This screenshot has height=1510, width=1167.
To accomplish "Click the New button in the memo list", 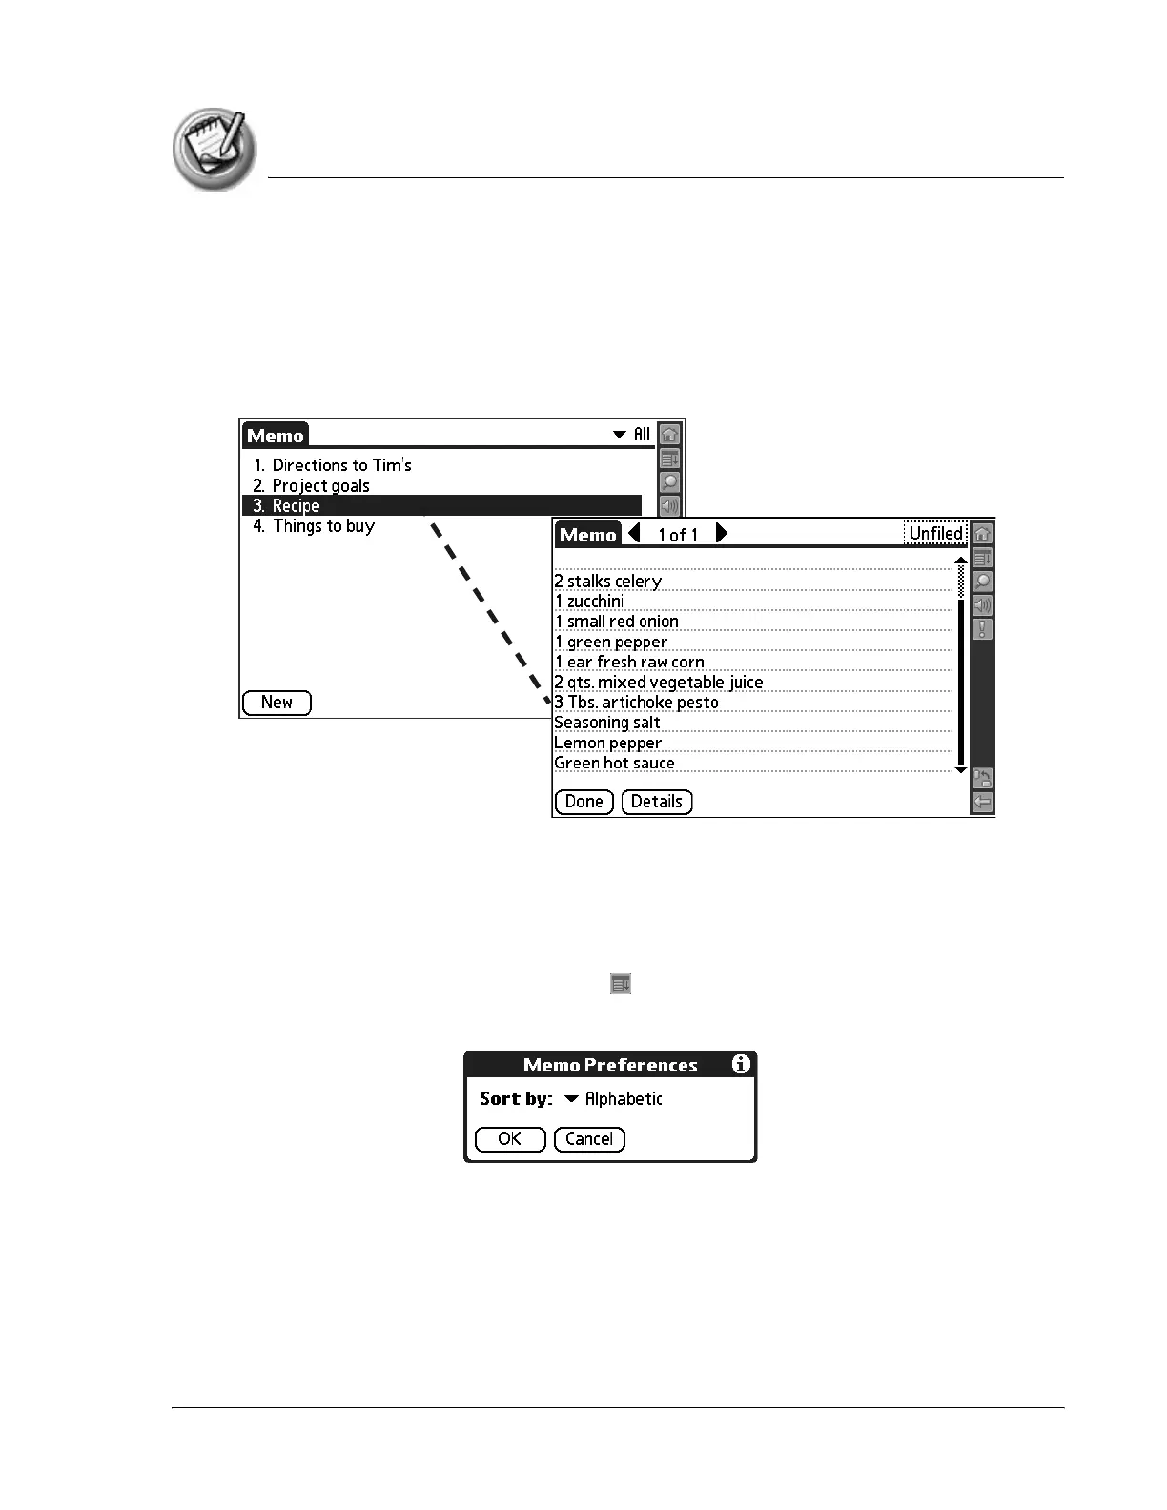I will click(276, 703).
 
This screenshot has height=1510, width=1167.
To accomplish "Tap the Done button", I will click(583, 802).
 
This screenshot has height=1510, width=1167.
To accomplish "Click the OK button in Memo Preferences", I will click(509, 1139).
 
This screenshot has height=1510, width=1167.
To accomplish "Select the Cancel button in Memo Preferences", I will click(589, 1139).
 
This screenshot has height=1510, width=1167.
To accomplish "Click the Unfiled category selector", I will click(935, 533).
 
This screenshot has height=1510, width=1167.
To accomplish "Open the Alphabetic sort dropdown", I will click(614, 1099).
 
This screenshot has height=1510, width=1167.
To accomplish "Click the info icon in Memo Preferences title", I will click(741, 1064).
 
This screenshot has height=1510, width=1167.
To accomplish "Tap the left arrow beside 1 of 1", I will click(635, 533).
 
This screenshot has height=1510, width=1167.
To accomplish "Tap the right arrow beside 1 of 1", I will click(722, 533).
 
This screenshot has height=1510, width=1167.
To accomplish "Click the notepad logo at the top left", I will click(215, 148).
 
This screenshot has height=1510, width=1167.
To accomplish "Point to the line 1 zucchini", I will click(589, 602).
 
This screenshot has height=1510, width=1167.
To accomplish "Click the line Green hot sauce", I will click(614, 763).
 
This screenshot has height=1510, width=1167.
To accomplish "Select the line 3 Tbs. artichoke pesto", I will click(637, 703).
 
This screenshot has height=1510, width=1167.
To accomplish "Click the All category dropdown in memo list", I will click(632, 435).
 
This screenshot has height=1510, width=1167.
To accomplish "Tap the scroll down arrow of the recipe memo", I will click(960, 769).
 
